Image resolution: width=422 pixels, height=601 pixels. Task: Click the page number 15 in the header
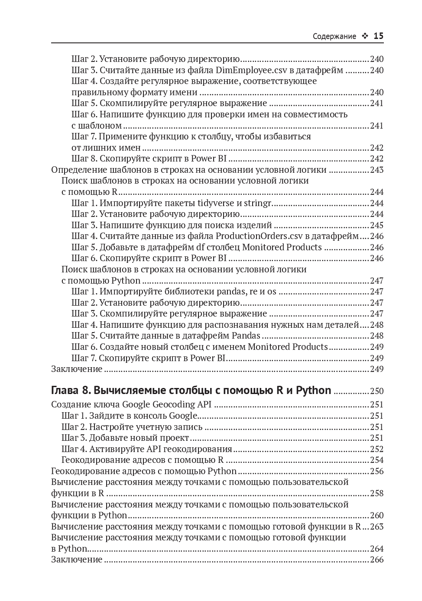378,36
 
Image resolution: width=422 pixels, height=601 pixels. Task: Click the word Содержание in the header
334,37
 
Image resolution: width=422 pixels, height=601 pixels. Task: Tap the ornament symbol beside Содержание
365,37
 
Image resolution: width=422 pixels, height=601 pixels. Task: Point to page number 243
377,170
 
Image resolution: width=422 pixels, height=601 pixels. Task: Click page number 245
377,225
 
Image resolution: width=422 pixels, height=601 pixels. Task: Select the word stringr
256,203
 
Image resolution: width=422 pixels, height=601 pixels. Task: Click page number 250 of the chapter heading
377,391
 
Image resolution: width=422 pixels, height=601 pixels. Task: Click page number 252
377,449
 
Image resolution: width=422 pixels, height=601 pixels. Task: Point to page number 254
377,460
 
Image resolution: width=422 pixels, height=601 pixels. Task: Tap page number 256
377,471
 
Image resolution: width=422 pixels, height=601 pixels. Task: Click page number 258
377,493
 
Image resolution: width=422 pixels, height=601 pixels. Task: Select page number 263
377,527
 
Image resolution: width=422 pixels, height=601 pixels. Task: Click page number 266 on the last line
377,559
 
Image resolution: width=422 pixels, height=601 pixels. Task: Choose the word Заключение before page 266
77,559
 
